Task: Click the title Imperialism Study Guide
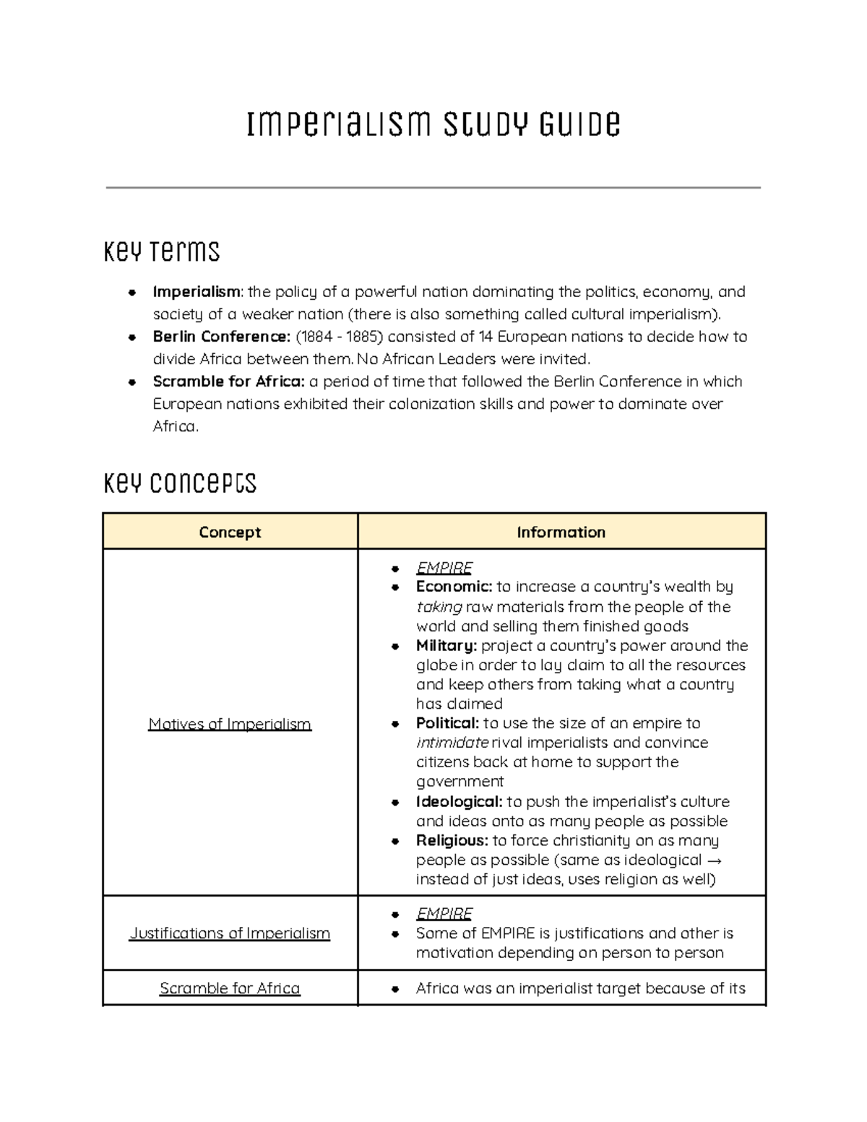[433, 124]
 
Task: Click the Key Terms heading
[162, 251]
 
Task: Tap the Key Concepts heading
[180, 483]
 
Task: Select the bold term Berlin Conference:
[221, 337]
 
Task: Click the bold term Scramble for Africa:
[228, 381]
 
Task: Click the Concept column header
[230, 532]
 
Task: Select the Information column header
[561, 532]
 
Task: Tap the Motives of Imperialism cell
[230, 724]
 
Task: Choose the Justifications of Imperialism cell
[230, 933]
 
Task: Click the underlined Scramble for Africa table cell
[230, 988]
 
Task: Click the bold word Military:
[447, 645]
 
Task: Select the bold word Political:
[447, 723]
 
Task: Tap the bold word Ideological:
[459, 802]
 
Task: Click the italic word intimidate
[452, 743]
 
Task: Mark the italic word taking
[439, 607]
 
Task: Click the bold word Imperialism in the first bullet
[196, 292]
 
